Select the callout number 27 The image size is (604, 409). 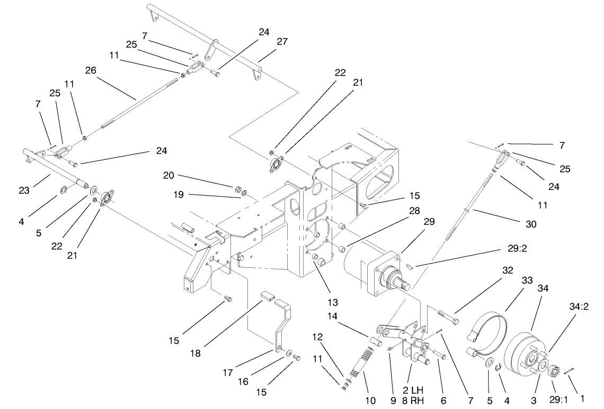tap(282, 42)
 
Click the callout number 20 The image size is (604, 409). tap(169, 176)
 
